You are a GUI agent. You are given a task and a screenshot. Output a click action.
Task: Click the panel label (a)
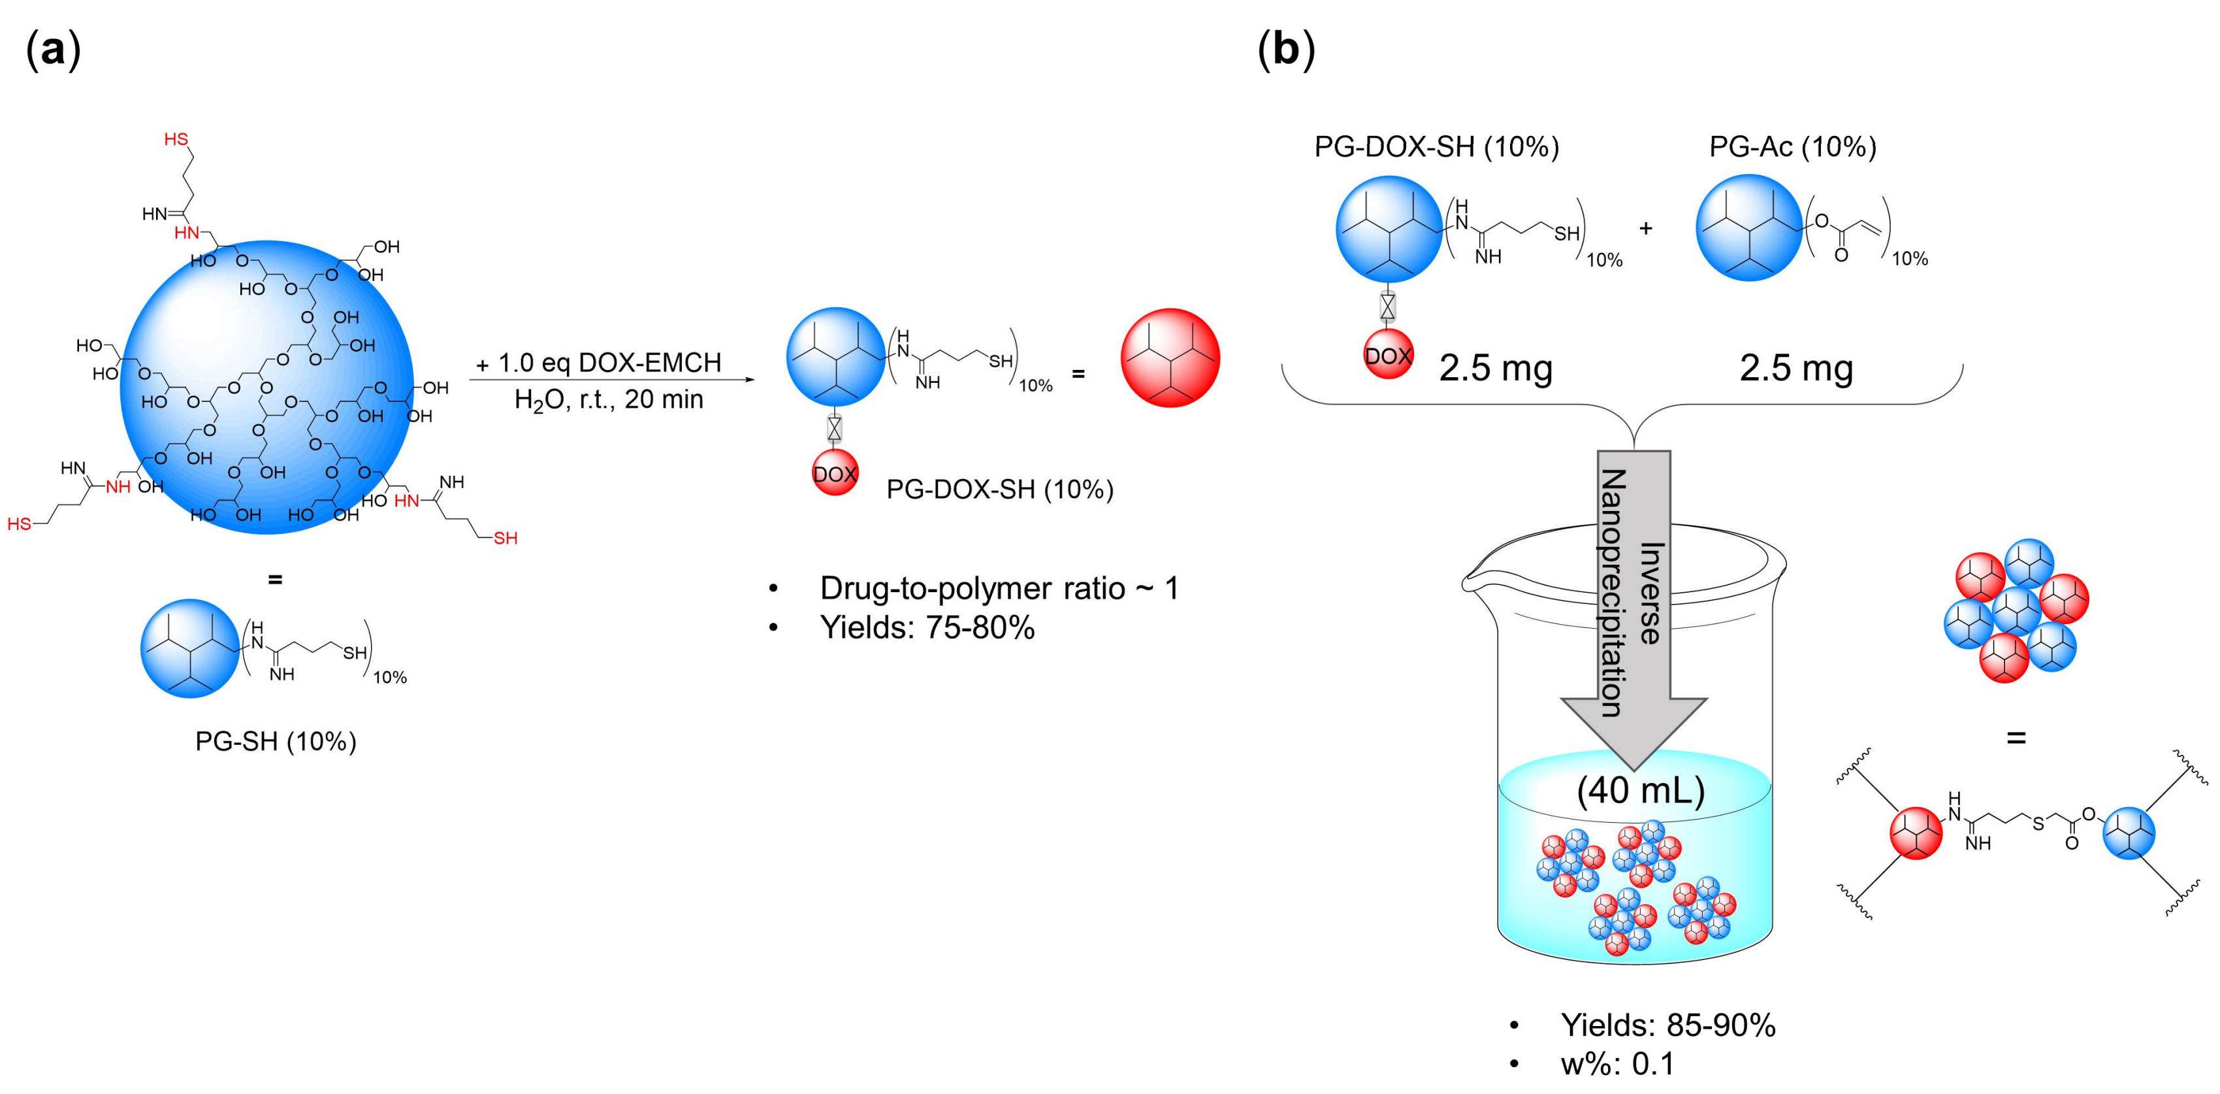[x=54, y=50]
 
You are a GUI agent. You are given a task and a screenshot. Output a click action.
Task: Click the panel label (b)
[x=1286, y=50]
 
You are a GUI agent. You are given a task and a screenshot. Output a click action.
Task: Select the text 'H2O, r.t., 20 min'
[x=609, y=400]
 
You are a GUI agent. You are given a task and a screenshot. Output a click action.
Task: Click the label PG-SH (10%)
[x=275, y=741]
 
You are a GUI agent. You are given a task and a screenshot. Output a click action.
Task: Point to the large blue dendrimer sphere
[x=267, y=388]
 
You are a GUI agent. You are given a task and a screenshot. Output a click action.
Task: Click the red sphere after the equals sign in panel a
[x=1170, y=357]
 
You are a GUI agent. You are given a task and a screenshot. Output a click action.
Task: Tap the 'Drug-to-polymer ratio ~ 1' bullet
[x=998, y=589]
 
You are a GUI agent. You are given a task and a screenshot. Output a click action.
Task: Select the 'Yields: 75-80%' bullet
[x=926, y=627]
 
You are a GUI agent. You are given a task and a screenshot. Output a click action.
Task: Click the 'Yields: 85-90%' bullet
[x=1667, y=1025]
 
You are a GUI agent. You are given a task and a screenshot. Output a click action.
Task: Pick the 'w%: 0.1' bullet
[x=1617, y=1064]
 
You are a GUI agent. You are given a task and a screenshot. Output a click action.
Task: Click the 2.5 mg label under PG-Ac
[x=1796, y=368]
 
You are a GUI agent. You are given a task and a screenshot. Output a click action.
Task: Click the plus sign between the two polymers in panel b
[x=1645, y=229]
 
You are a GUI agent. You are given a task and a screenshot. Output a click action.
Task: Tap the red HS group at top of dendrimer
[x=176, y=140]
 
